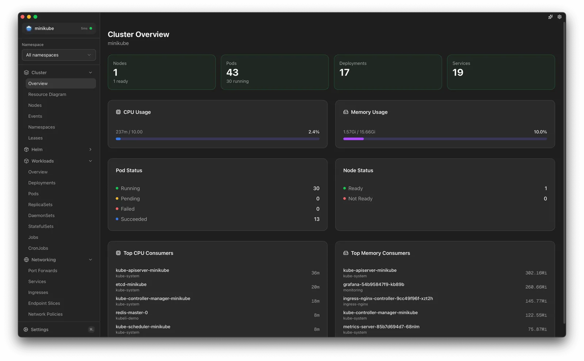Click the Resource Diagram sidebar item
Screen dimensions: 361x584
coord(47,94)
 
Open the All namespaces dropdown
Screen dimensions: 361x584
coord(59,55)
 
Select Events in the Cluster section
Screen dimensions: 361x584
coord(35,116)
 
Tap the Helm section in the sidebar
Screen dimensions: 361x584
coord(37,149)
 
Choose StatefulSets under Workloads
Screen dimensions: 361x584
coord(41,226)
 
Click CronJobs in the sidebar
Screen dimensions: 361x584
coord(38,248)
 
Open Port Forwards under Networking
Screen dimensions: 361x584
coord(43,270)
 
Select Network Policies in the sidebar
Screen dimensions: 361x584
coord(45,314)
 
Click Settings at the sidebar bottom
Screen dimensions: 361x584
coord(39,330)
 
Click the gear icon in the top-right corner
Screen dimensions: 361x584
coord(560,17)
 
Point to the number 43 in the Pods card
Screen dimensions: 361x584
coord(232,72)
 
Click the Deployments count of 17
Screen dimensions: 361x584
coord(344,72)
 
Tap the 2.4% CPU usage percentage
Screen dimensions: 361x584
coord(314,132)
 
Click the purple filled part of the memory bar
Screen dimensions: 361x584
coord(353,139)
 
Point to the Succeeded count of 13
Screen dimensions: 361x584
coord(316,219)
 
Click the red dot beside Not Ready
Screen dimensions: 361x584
coord(345,199)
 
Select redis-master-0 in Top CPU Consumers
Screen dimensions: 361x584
coord(132,312)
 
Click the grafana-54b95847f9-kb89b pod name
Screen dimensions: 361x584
coord(373,284)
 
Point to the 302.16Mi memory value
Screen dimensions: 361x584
coord(536,273)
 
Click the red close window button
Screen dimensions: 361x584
coord(23,17)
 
